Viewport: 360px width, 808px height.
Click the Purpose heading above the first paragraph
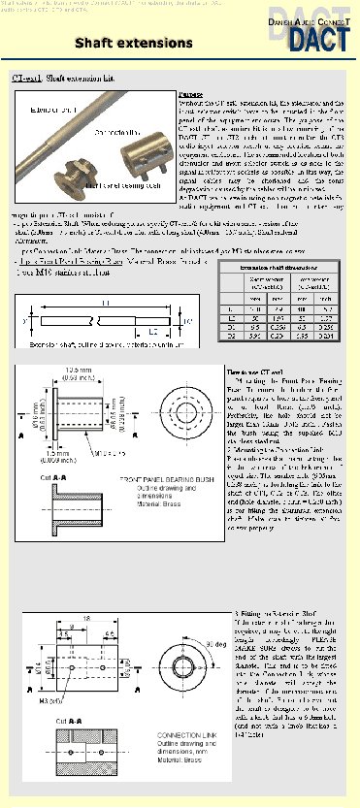click(x=192, y=94)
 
